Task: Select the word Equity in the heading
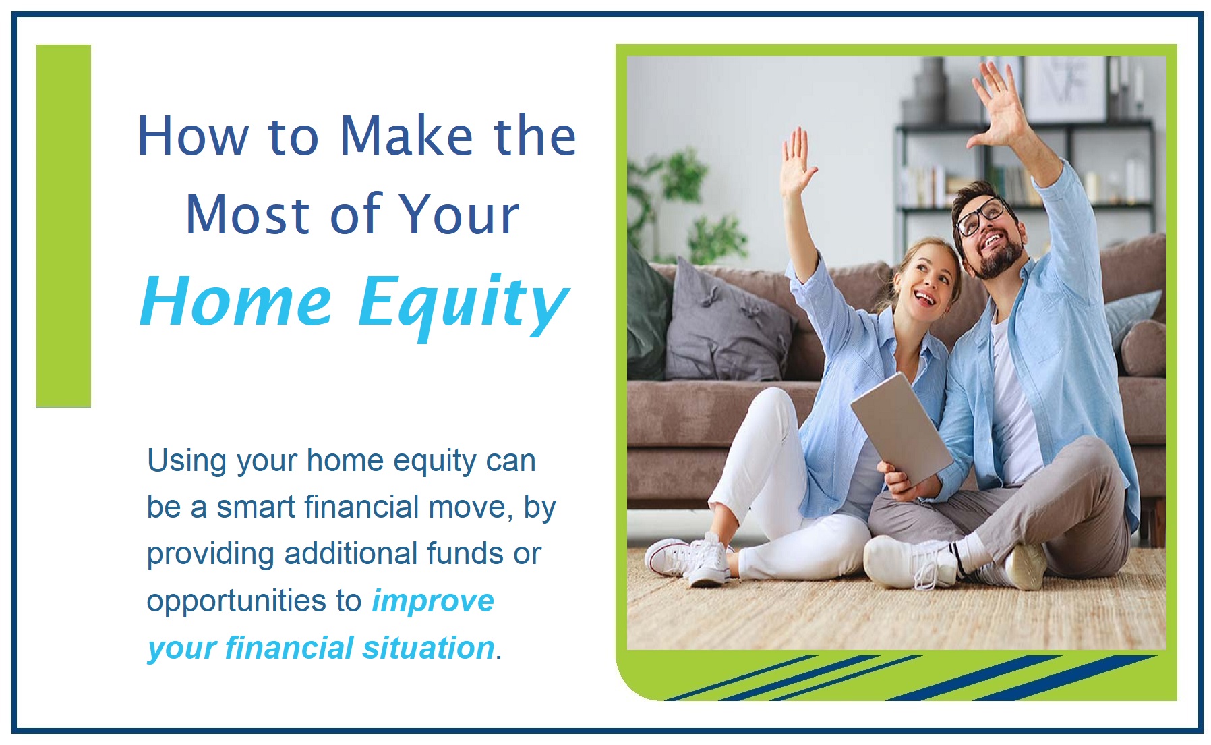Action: point(463,304)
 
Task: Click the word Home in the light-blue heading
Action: point(236,302)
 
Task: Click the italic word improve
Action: point(433,601)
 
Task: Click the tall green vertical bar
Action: point(63,225)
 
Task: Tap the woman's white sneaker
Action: point(688,557)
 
